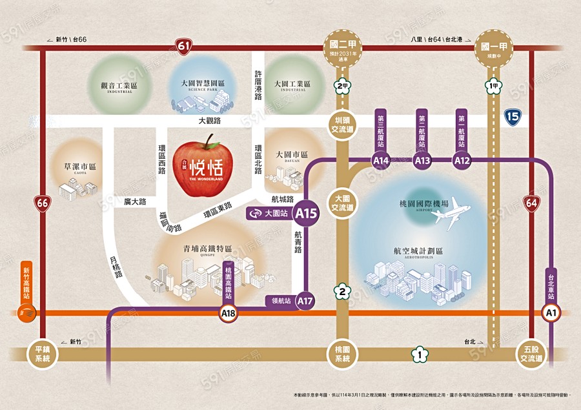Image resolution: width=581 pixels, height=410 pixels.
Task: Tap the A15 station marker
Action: pos(305,212)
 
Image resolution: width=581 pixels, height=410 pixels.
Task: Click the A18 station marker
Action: pos(229,314)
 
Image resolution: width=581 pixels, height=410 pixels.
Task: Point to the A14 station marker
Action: pos(381,160)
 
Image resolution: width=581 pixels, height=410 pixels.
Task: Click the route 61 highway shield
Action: pos(185,46)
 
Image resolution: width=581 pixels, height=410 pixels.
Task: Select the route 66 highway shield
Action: pos(43,203)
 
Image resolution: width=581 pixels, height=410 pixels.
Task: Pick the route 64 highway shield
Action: pos(531,203)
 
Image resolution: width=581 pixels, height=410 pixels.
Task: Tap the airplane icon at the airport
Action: pos(457,213)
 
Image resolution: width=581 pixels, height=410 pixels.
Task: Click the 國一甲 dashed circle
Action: pos(494,46)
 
